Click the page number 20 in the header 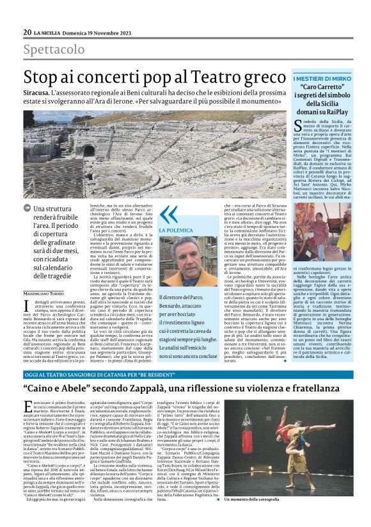pos(28,33)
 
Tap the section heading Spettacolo pos(54,49)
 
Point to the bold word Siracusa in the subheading pos(39,92)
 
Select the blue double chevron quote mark pos(168,215)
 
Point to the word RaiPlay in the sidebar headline pos(342,111)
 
